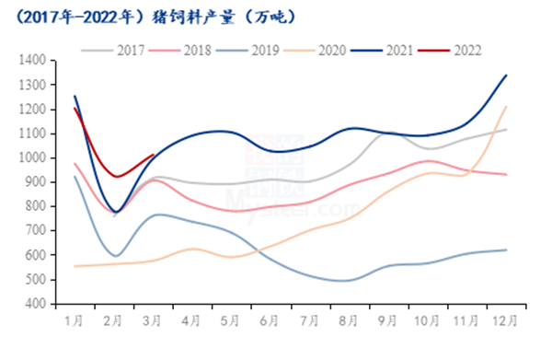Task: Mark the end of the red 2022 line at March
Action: [154, 155]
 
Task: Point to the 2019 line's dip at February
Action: [116, 255]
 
